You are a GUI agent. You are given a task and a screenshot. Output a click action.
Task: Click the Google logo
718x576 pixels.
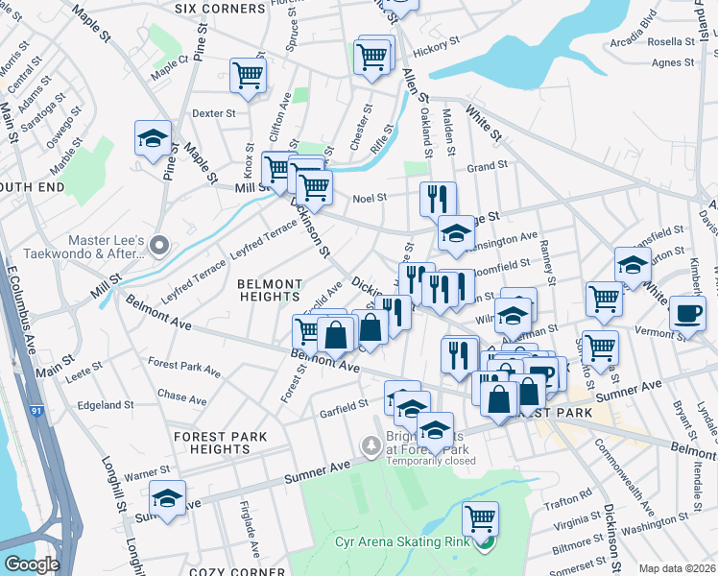[x=32, y=564]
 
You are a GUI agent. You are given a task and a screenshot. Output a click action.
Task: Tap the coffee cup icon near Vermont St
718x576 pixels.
[x=686, y=313]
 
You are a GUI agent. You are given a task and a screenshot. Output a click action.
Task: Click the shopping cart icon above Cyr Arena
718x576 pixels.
[x=480, y=519]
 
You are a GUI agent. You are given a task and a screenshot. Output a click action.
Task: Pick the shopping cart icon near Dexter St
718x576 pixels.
[x=249, y=76]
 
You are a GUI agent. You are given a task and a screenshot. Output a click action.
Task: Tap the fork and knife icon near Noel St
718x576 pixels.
[x=438, y=199]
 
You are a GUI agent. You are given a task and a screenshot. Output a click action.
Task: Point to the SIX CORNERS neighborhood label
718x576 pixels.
[x=220, y=9]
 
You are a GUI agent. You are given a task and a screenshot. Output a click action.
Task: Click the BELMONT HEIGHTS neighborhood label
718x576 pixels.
[x=271, y=292]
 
